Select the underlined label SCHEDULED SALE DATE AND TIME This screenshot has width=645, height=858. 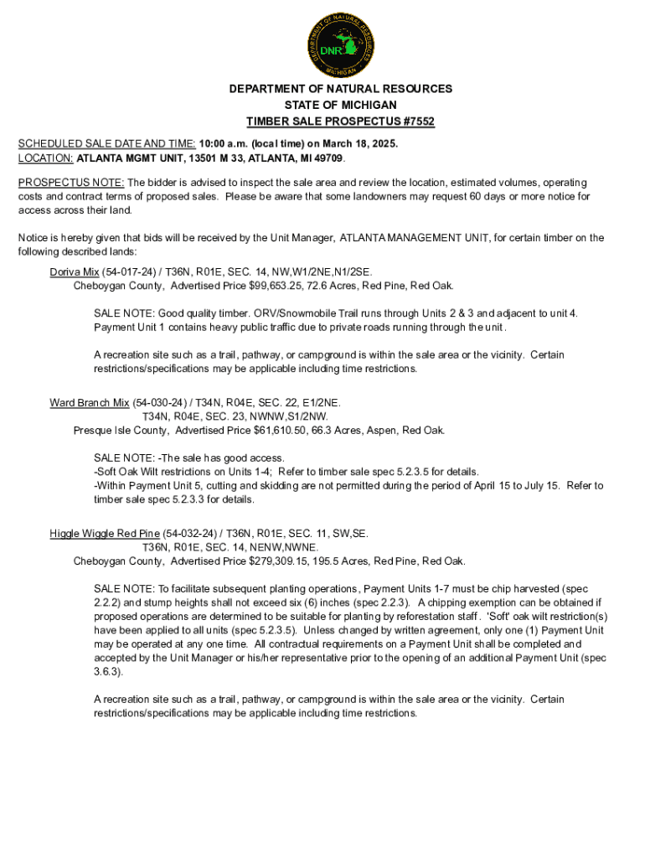click(x=107, y=143)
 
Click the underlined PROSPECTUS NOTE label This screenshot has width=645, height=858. click(x=72, y=183)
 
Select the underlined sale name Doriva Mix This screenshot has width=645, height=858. click(x=74, y=271)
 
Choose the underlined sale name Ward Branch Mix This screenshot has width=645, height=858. click(x=89, y=402)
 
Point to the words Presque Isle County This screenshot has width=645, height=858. click(x=120, y=431)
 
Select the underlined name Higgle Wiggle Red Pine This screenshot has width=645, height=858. click(x=104, y=533)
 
